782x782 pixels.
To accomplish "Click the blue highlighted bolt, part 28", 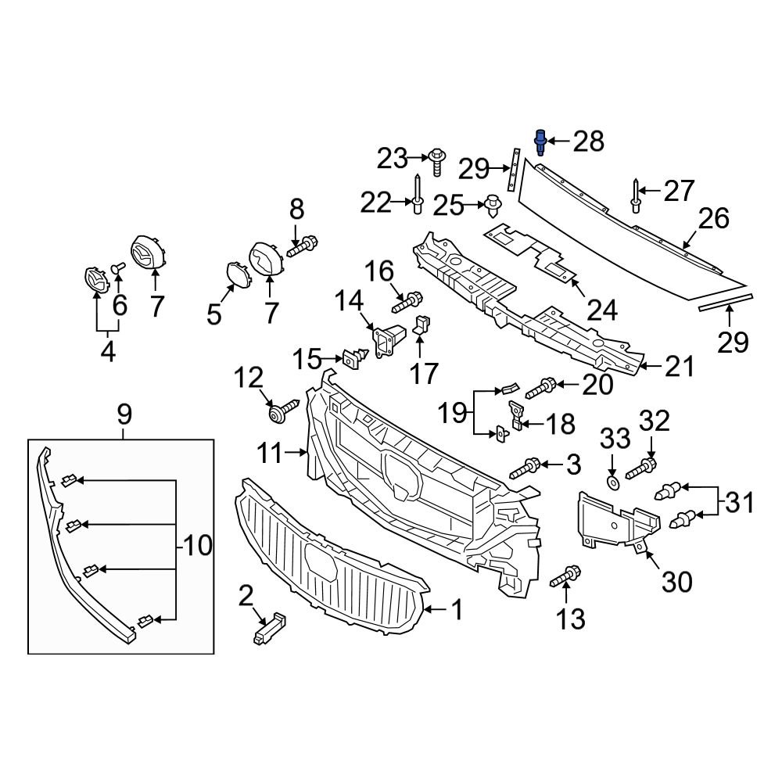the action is pyautogui.click(x=540, y=142).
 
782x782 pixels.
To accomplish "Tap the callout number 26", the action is pyautogui.click(x=714, y=218).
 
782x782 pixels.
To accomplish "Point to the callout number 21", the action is pyautogui.click(x=679, y=367).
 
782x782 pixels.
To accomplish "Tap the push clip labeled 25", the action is pyautogui.click(x=493, y=206).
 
